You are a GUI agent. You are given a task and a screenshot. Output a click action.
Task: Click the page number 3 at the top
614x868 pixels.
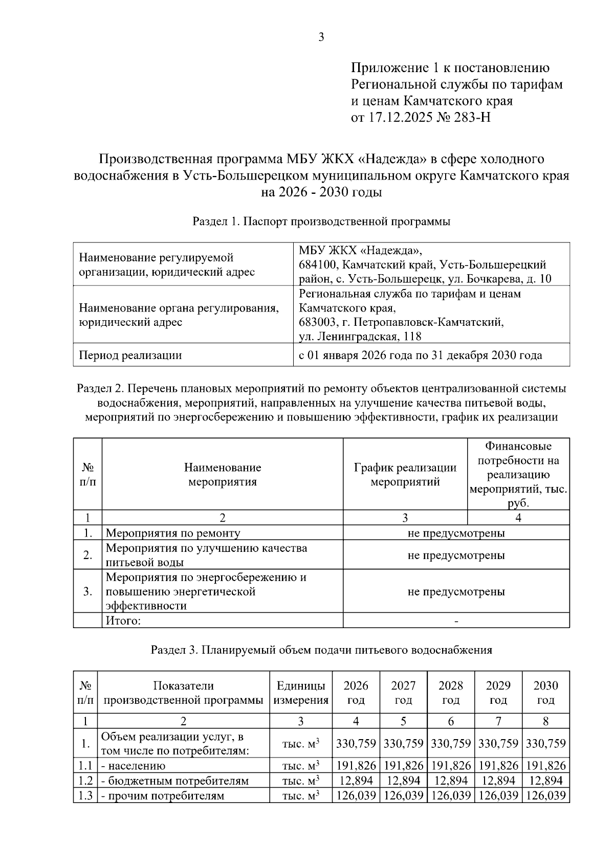click(x=321, y=37)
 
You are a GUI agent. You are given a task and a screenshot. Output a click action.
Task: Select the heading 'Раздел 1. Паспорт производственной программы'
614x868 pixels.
click(x=321, y=222)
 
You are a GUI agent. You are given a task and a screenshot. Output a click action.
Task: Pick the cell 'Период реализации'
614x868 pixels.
click(x=130, y=355)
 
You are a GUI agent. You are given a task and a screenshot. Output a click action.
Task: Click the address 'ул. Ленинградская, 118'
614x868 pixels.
click(x=360, y=337)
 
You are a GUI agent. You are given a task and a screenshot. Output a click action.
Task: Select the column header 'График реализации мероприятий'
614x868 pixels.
click(x=405, y=475)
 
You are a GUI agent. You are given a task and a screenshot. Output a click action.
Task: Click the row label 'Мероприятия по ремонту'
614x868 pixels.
click(x=173, y=533)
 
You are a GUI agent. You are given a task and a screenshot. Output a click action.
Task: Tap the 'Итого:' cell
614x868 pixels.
click(x=123, y=621)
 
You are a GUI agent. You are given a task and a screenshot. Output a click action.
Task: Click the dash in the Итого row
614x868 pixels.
click(x=456, y=621)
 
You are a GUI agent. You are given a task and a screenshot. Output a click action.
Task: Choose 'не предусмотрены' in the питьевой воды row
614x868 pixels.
click(x=456, y=555)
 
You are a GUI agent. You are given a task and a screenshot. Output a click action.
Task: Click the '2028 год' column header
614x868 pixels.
click(x=451, y=693)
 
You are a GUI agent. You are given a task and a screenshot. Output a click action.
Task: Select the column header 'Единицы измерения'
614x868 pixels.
click(x=301, y=693)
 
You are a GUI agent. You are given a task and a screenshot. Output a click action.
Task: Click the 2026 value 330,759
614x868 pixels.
click(x=356, y=744)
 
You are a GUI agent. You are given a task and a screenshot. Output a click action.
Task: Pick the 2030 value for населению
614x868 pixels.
click(x=546, y=766)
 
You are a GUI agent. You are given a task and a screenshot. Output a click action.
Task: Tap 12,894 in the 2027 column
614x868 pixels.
click(x=403, y=781)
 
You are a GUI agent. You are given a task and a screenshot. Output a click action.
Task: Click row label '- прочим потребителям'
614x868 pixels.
click(x=163, y=796)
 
